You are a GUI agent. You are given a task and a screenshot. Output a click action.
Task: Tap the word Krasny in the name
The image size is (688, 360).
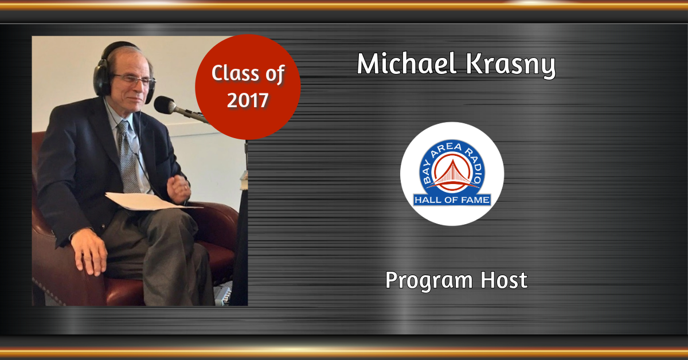(x=510, y=65)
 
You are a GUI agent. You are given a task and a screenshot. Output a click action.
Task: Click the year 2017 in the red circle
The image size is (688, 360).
(x=248, y=100)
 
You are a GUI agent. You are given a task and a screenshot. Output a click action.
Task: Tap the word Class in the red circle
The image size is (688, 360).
(x=235, y=73)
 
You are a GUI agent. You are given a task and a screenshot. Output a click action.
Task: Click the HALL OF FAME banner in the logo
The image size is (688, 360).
(x=452, y=200)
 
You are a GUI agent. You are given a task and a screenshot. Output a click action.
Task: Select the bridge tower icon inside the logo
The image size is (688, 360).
(x=452, y=173)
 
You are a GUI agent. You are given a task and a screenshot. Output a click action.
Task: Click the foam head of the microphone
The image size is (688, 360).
(x=165, y=105)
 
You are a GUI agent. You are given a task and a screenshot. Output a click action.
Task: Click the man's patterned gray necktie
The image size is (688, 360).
(x=128, y=156)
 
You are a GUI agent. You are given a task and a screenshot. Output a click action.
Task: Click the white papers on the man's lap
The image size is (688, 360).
(x=150, y=201)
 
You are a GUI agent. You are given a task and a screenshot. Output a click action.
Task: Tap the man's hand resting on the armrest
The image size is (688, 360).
(x=89, y=251)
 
